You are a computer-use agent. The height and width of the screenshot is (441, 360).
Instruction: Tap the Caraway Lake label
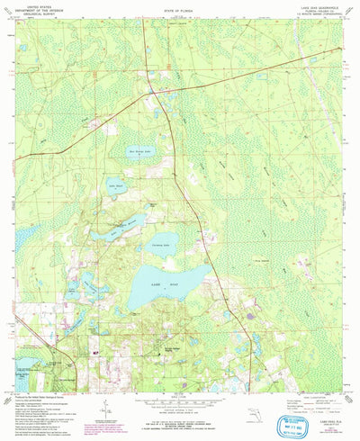[162, 243]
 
